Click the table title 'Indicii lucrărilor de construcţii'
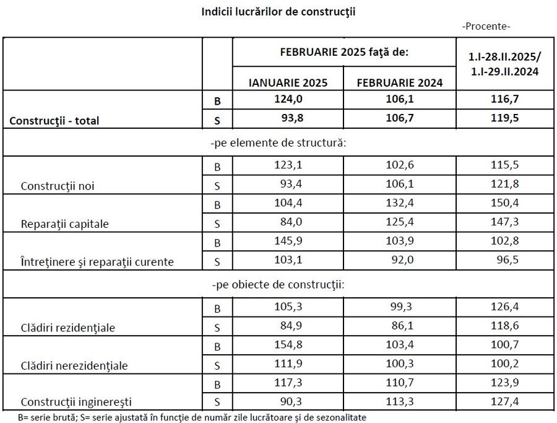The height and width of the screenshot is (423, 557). (x=278, y=11)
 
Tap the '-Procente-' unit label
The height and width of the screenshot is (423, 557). (x=486, y=27)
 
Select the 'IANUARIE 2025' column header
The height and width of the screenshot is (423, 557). (x=288, y=82)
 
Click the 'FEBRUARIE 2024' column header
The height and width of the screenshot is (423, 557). (x=400, y=82)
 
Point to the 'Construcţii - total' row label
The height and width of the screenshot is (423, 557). (x=54, y=121)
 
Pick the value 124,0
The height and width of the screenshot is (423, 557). (x=288, y=99)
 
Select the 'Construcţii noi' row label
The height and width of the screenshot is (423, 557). (x=57, y=186)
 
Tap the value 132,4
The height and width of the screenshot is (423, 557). (x=400, y=204)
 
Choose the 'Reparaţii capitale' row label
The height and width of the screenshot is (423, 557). (x=64, y=224)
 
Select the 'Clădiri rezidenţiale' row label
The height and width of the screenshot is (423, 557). (x=67, y=328)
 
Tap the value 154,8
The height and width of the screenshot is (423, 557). (x=288, y=345)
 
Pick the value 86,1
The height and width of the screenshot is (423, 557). (x=400, y=326)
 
